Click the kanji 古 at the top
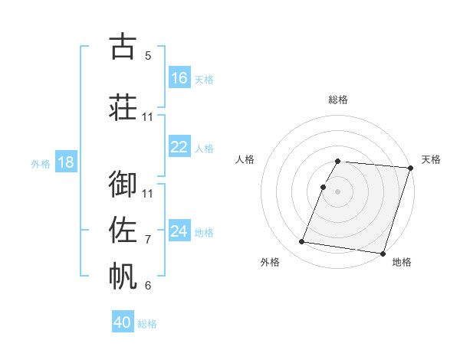click(123, 46)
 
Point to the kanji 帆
click(123, 276)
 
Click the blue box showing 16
click(179, 78)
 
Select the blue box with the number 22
click(179, 147)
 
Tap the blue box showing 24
click(179, 231)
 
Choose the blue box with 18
click(65, 162)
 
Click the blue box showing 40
click(123, 322)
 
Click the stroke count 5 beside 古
click(148, 56)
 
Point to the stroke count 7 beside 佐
click(148, 240)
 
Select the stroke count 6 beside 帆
click(148, 286)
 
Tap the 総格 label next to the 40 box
click(147, 324)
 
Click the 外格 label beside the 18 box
click(40, 164)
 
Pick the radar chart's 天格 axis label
click(431, 159)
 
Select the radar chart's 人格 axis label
click(245, 159)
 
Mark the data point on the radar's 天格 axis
click(410, 168)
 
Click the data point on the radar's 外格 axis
click(302, 242)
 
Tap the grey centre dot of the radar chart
click(338, 191)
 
